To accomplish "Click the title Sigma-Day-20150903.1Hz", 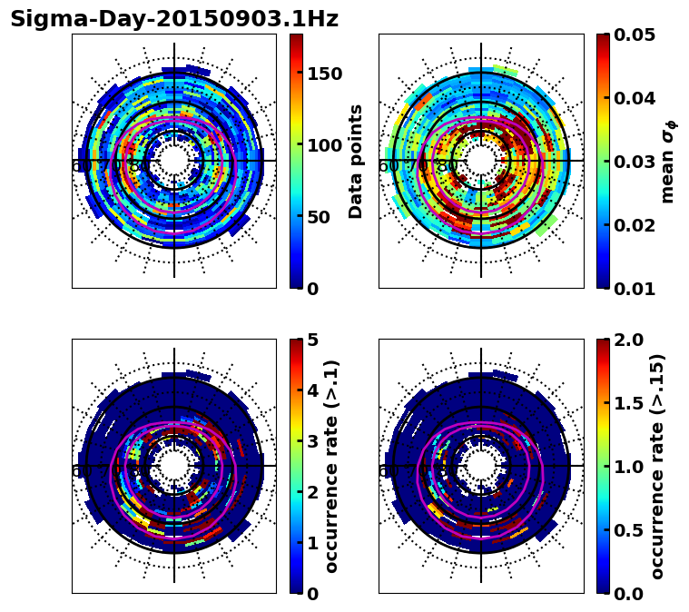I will point(174,20).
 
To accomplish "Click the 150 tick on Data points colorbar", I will point(325,74).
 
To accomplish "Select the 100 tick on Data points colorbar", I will point(325,145).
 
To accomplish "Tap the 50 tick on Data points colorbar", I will point(320,217).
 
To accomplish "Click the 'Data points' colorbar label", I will point(356,161).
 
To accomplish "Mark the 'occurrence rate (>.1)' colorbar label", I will point(332,466).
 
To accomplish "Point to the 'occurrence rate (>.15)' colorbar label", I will point(657,466).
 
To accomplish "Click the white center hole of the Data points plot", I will point(174,161).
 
